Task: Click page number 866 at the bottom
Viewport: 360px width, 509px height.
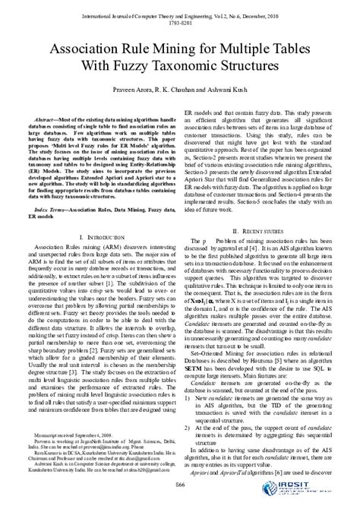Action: (x=180, y=485)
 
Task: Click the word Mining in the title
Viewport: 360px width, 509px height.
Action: (x=183, y=48)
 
